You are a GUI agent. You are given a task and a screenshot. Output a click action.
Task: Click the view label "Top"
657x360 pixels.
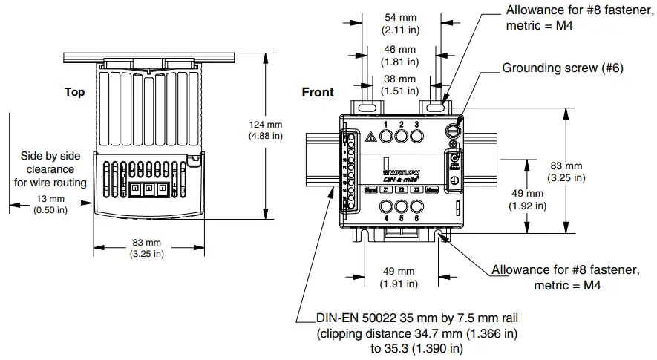click(74, 92)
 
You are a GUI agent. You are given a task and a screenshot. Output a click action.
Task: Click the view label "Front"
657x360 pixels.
click(317, 92)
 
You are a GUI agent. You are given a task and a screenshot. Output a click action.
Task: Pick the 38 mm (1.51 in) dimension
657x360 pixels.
click(399, 84)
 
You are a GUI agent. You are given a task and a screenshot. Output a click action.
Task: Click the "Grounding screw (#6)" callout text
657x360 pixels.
click(562, 68)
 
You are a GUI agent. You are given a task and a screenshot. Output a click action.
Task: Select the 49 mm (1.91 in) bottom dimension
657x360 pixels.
click(399, 277)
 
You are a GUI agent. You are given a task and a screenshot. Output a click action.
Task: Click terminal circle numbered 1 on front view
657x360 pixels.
click(386, 137)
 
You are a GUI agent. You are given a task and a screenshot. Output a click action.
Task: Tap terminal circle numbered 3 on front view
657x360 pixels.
click(416, 137)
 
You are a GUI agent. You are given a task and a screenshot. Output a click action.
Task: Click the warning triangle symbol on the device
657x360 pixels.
click(370, 137)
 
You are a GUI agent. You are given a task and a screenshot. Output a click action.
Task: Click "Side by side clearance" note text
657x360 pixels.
click(53, 169)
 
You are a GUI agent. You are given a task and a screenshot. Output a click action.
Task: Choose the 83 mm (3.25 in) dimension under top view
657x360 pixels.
click(146, 248)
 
